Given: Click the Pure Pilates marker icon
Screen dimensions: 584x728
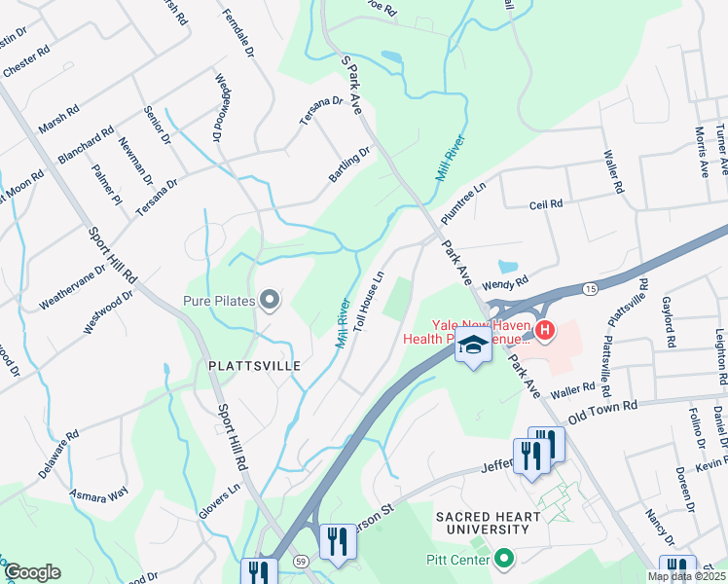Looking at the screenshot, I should pos(271,302).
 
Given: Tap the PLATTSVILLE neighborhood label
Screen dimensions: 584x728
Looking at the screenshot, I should pos(253,365).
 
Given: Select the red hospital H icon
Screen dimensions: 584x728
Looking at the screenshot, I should pos(545,331).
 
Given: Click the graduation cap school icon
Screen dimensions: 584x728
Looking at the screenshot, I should pos(473,347).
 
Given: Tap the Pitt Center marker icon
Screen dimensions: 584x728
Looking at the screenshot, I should pos(503,559).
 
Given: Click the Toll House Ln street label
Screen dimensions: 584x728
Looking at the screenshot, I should pos(370,302).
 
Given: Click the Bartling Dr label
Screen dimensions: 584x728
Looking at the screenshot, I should pos(349,164).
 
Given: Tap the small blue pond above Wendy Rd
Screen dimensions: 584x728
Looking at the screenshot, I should pos(506,266).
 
